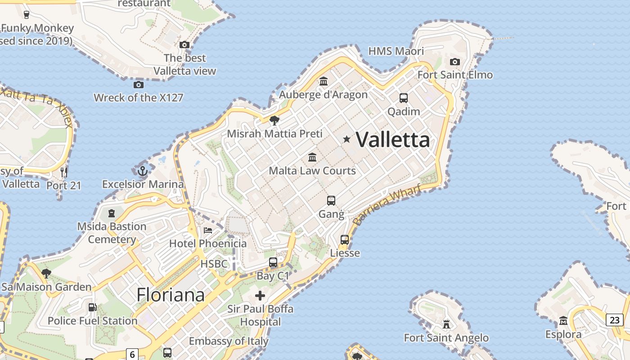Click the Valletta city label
pyautogui.click(x=393, y=140)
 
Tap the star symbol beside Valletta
pyautogui.click(x=346, y=139)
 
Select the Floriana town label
pyautogui.click(x=171, y=295)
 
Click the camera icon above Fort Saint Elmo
pyautogui.click(x=455, y=62)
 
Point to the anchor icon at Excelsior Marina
pyautogui.click(x=143, y=171)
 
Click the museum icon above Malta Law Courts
pyautogui.click(x=312, y=157)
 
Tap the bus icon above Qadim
pyautogui.click(x=404, y=98)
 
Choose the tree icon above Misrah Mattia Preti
pyautogui.click(x=274, y=120)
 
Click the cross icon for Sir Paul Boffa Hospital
pyautogui.click(x=260, y=296)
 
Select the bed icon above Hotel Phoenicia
pyautogui.click(x=208, y=230)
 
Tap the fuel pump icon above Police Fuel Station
pyautogui.click(x=92, y=307)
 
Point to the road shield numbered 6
pyautogui.click(x=132, y=354)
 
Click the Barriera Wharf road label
pyautogui.click(x=387, y=205)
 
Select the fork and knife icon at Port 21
pyautogui.click(x=64, y=171)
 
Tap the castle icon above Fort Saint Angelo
pyautogui.click(x=446, y=324)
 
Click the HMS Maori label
pyautogui.click(x=396, y=51)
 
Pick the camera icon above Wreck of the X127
pyautogui.click(x=139, y=85)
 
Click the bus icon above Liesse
pyautogui.click(x=345, y=240)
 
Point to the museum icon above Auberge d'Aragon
pyautogui.click(x=323, y=81)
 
